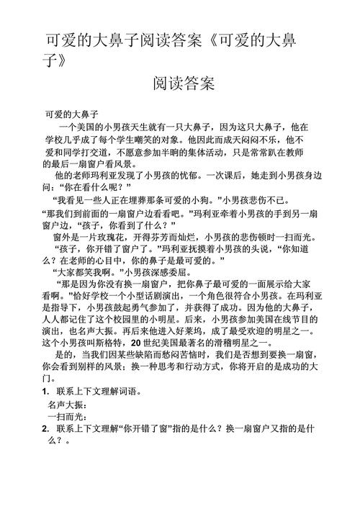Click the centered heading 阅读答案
184,84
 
